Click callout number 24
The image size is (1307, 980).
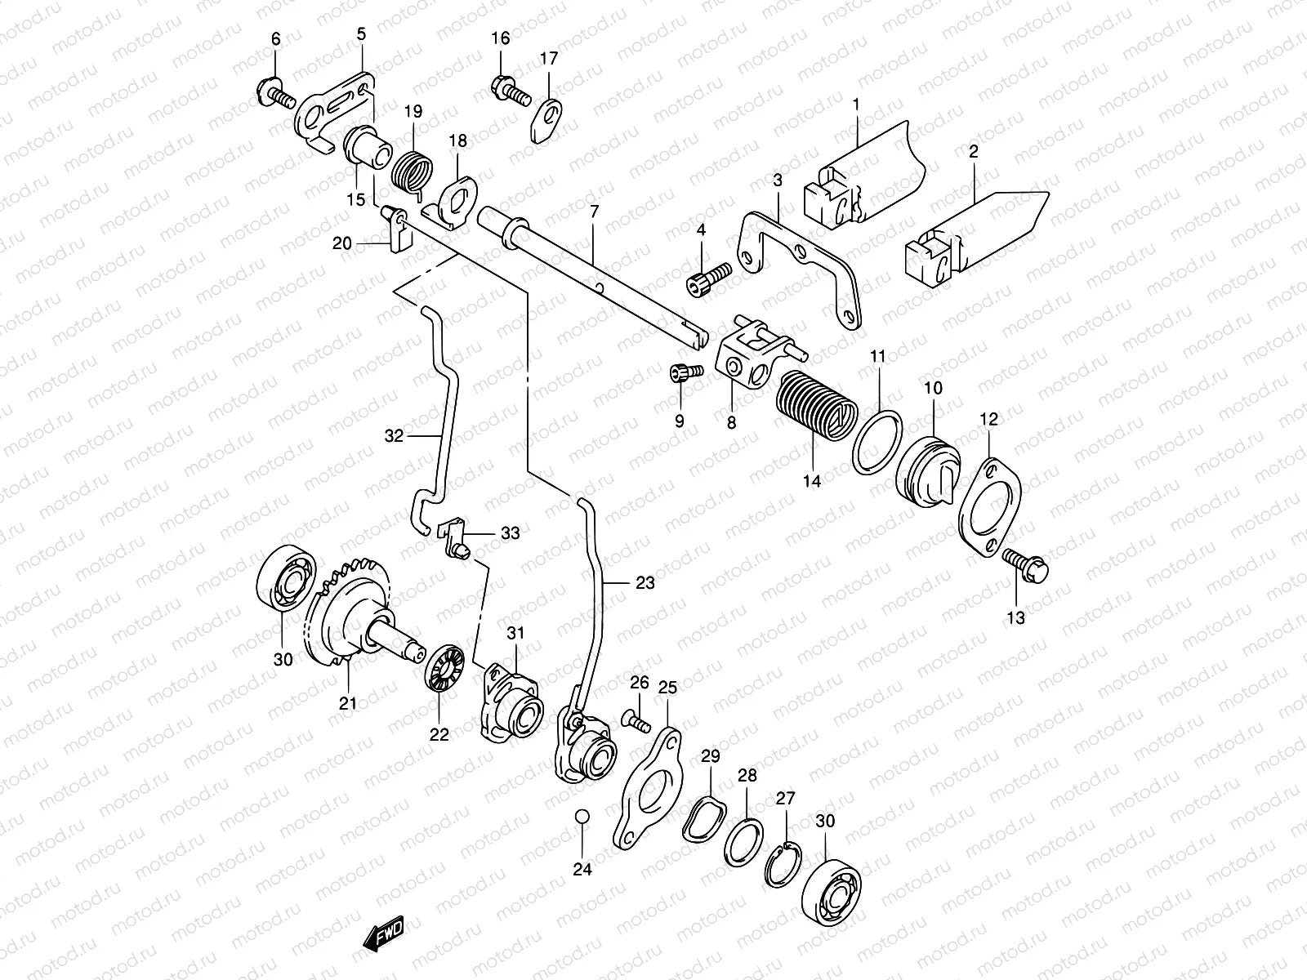582,870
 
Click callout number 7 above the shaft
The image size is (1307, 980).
593,211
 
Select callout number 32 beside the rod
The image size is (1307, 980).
394,437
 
